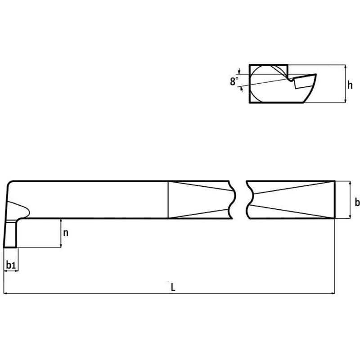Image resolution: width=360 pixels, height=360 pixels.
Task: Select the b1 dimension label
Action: (x=11, y=266)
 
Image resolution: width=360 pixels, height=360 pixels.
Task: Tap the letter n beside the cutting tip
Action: (x=66, y=233)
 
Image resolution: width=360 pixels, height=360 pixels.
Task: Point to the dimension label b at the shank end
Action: (x=357, y=201)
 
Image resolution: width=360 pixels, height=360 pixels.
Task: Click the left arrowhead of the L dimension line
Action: (x=6, y=294)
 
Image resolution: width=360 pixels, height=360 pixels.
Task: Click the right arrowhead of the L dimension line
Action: (x=332, y=294)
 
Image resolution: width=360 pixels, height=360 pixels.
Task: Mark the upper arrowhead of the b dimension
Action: (x=350, y=184)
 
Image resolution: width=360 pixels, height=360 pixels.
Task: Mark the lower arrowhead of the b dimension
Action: (x=350, y=216)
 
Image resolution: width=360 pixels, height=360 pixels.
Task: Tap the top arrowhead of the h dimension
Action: (x=345, y=67)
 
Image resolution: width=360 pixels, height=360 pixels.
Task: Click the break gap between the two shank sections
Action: (x=240, y=200)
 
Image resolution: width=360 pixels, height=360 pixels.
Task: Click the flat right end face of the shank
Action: (x=334, y=200)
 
